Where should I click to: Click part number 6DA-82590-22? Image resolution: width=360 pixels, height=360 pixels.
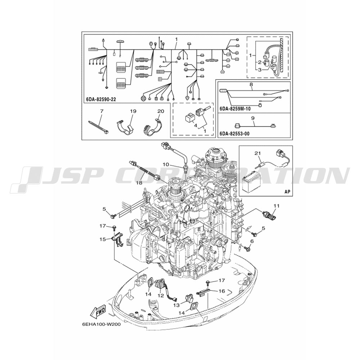pyautogui.click(x=101, y=99)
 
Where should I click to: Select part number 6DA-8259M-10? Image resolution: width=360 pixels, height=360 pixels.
pyautogui.click(x=235, y=109)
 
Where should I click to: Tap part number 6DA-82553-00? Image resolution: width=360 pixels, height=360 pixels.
pyautogui.click(x=234, y=134)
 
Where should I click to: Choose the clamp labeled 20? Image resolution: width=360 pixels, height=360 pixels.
pyautogui.click(x=153, y=127)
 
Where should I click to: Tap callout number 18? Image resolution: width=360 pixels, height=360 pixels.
pyautogui.click(x=139, y=183)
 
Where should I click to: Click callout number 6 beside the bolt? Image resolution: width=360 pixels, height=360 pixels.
pyautogui.click(x=252, y=241)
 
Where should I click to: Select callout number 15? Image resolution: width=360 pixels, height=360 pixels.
pyautogui.click(x=103, y=239)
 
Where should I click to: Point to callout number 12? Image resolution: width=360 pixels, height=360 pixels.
pyautogui.click(x=161, y=296)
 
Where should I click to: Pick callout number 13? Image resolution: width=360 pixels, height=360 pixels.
pyautogui.click(x=176, y=305)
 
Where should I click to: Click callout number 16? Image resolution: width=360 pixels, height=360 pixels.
pyautogui.click(x=221, y=291)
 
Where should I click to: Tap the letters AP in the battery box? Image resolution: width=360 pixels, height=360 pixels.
pyautogui.click(x=287, y=191)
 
